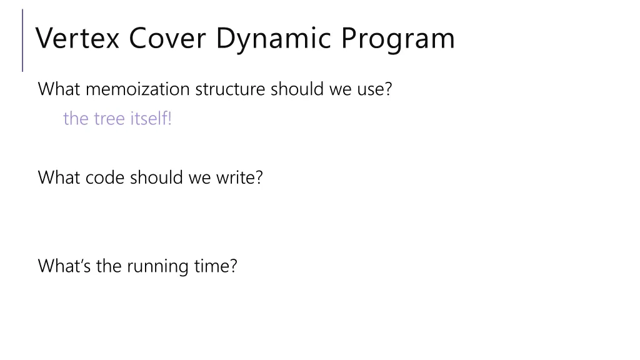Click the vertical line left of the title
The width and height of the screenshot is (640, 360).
(x=23, y=40)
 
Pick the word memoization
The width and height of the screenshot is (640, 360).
(x=137, y=89)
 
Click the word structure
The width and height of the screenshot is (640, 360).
(x=231, y=89)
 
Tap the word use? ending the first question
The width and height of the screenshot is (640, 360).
(x=374, y=89)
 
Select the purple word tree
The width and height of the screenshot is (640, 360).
(x=110, y=118)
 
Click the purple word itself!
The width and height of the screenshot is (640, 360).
(x=151, y=118)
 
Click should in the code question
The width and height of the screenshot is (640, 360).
(x=157, y=177)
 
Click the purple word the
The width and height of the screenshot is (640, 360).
(x=76, y=118)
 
